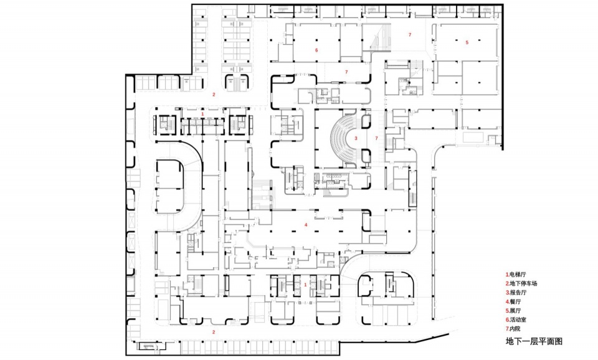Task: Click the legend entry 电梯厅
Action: [516, 274]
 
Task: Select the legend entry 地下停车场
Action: [521, 283]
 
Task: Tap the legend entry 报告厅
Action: [516, 293]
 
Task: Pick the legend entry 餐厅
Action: [513, 301]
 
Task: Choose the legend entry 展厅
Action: [513, 311]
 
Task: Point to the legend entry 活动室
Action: [516, 320]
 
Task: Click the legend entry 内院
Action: [513, 329]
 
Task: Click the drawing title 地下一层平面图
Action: [534, 341]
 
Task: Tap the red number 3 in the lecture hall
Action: [356, 138]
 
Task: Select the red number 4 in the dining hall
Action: [306, 225]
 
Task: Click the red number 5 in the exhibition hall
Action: [467, 42]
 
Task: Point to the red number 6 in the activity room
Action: [316, 50]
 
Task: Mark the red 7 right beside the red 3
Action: [376, 138]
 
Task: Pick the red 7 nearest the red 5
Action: [410, 35]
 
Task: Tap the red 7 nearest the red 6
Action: [346, 72]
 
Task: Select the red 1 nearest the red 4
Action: [305, 285]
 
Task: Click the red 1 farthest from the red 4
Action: [202, 114]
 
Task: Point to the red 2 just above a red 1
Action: [214, 95]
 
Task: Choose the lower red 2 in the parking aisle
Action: [214, 332]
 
